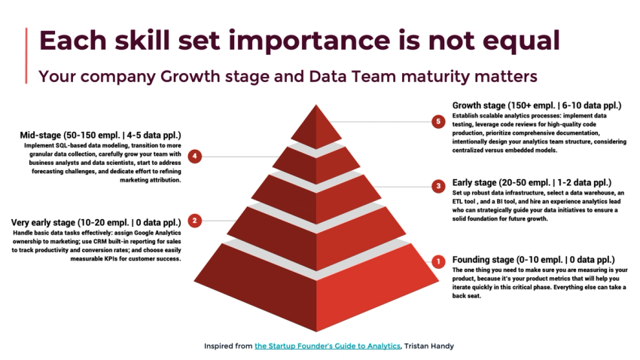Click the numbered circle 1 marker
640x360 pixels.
tap(437, 261)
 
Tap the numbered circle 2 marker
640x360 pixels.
tap(195, 221)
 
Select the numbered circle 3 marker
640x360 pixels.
tap(437, 185)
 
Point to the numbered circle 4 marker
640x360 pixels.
tap(195, 156)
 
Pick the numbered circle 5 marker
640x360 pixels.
tap(437, 121)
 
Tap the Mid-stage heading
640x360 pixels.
tap(101, 136)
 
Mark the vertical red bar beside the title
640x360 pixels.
tap(28, 56)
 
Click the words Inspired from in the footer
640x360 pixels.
tap(228, 346)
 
